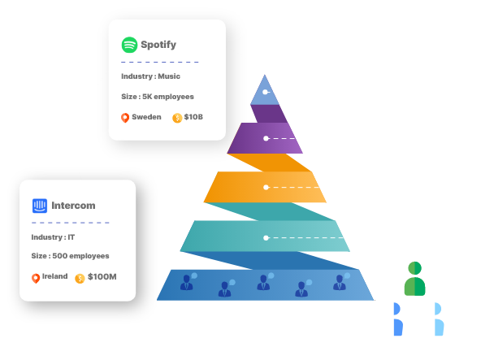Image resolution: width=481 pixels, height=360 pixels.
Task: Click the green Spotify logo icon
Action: tap(129, 45)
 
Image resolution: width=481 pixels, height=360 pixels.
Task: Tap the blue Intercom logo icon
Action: tap(40, 206)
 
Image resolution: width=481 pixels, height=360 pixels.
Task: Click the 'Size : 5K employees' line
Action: tap(158, 97)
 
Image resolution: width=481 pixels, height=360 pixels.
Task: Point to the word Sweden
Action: tap(147, 117)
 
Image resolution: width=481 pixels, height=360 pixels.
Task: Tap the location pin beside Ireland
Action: tap(36, 278)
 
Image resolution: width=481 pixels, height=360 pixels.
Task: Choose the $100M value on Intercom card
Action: tap(102, 277)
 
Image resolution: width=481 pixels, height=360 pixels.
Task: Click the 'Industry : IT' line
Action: tap(53, 237)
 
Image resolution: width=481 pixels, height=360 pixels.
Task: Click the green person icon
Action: tap(414, 279)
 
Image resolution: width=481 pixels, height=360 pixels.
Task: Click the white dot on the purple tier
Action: tap(266, 138)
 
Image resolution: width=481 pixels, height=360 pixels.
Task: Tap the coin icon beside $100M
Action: tap(80, 278)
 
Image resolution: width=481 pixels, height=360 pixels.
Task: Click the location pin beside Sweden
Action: tap(125, 118)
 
